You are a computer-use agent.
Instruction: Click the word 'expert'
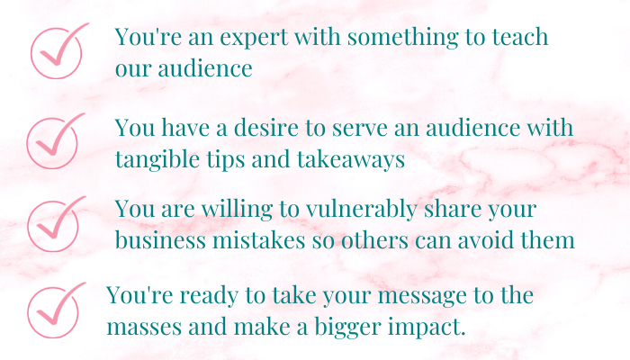[x=254, y=38]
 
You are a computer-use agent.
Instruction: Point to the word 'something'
[x=402, y=38]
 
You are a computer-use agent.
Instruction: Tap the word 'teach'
[x=520, y=36]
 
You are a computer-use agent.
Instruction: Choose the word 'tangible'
[x=157, y=159]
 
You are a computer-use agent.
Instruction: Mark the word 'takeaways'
[x=351, y=159]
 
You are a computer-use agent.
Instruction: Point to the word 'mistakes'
[x=259, y=240]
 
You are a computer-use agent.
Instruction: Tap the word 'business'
[x=160, y=240]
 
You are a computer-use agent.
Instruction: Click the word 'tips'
[x=226, y=160]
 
